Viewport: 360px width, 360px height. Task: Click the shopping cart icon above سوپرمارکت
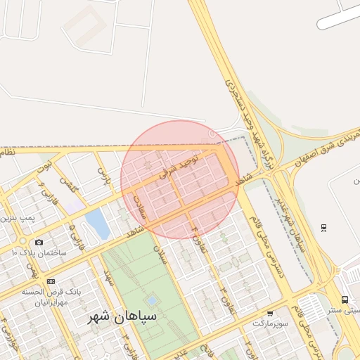[x=270, y=313]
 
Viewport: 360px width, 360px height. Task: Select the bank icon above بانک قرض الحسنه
[x=51, y=281]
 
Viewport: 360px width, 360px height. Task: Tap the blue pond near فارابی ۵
[x=97, y=224]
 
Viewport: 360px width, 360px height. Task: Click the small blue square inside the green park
[x=152, y=301]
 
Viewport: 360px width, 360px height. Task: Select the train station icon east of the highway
[x=323, y=228]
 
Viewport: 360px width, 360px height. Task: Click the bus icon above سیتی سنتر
[x=345, y=299]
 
